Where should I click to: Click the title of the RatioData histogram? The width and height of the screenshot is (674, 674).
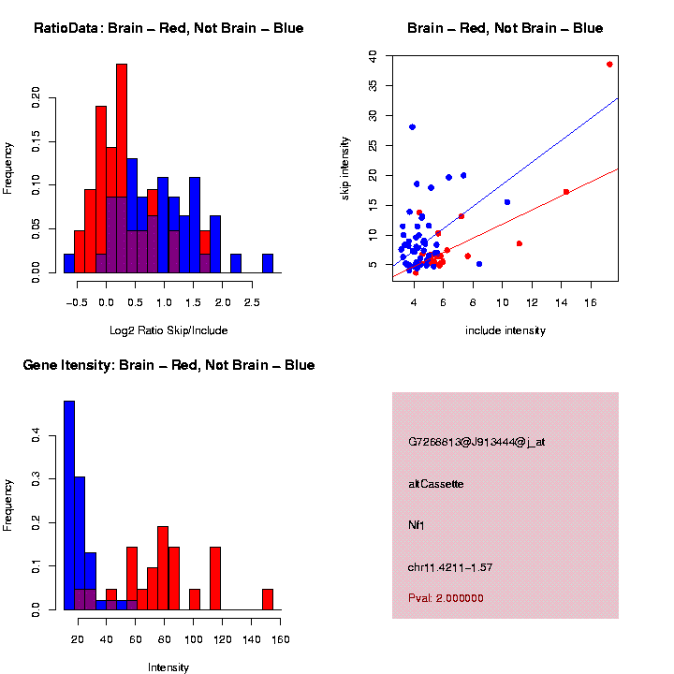click(x=168, y=28)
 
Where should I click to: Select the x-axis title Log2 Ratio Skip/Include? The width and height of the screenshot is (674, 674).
click(x=168, y=330)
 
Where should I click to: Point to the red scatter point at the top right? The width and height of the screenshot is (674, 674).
click(x=609, y=65)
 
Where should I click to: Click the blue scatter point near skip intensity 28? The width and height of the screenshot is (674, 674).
click(x=412, y=127)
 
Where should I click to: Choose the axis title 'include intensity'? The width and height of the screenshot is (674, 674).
click(x=505, y=330)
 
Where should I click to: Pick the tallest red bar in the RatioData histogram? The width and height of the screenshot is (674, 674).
click(x=122, y=168)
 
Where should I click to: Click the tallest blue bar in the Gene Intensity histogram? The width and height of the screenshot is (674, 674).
click(x=69, y=505)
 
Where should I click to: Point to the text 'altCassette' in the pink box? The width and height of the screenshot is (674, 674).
click(x=436, y=484)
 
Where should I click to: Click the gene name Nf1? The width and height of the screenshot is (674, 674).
click(x=417, y=526)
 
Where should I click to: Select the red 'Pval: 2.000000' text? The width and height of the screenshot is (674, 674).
click(x=447, y=598)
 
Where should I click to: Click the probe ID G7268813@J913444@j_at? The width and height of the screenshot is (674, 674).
click(x=476, y=442)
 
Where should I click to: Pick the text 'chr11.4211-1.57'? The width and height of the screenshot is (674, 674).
click(x=450, y=568)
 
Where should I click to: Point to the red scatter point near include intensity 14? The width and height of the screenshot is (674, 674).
click(x=566, y=192)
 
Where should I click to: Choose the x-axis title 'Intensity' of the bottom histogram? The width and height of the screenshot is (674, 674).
click(x=168, y=667)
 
